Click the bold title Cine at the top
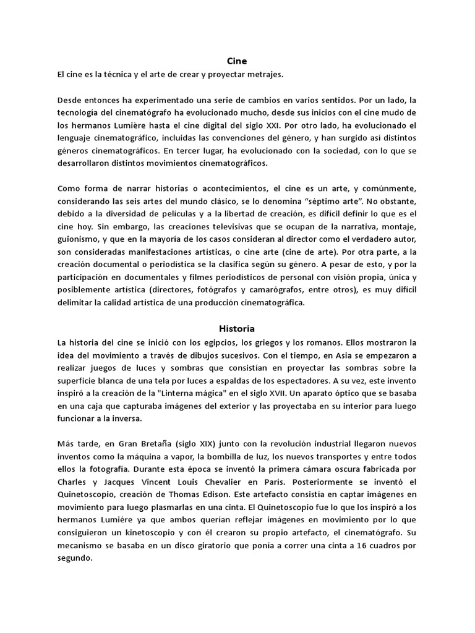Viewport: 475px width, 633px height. pyautogui.click(x=237, y=61)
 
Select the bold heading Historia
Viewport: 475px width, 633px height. pyautogui.click(x=237, y=328)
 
